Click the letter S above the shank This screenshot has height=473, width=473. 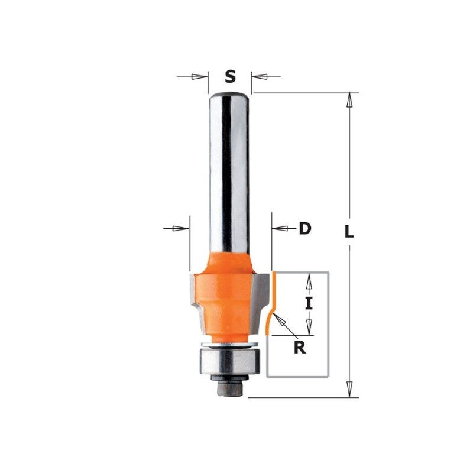click(x=230, y=76)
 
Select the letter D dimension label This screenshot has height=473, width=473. click(x=304, y=228)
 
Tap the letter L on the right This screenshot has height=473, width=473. click(x=349, y=232)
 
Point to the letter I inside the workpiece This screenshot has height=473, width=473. click(x=308, y=303)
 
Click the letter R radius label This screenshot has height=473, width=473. click(x=300, y=348)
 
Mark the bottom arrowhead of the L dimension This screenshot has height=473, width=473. click(x=350, y=390)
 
